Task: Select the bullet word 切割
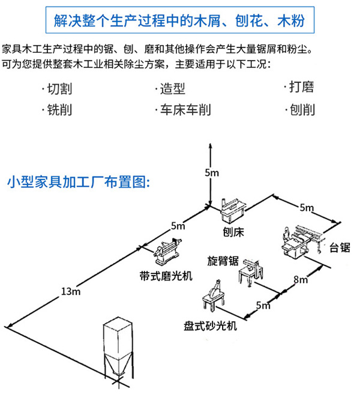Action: [59, 89]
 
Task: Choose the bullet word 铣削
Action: [59, 111]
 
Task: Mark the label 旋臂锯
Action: [223, 261]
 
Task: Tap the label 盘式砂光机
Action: [211, 326]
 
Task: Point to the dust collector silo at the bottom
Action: [119, 351]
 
